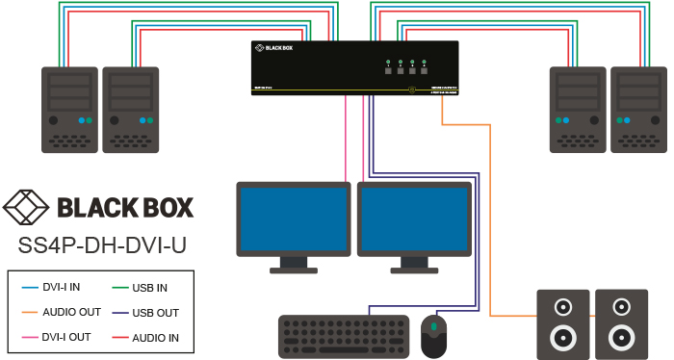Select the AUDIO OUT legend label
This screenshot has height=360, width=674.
click(x=70, y=312)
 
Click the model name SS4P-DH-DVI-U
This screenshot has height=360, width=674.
click(x=103, y=245)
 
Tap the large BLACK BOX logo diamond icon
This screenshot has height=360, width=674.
click(x=27, y=207)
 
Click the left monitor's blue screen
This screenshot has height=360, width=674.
click(x=293, y=219)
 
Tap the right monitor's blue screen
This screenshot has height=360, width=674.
click(x=412, y=219)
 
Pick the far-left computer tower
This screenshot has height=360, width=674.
click(x=70, y=108)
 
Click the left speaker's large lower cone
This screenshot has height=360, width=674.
click(x=561, y=338)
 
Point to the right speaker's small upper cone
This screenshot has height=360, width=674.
click(x=618, y=308)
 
